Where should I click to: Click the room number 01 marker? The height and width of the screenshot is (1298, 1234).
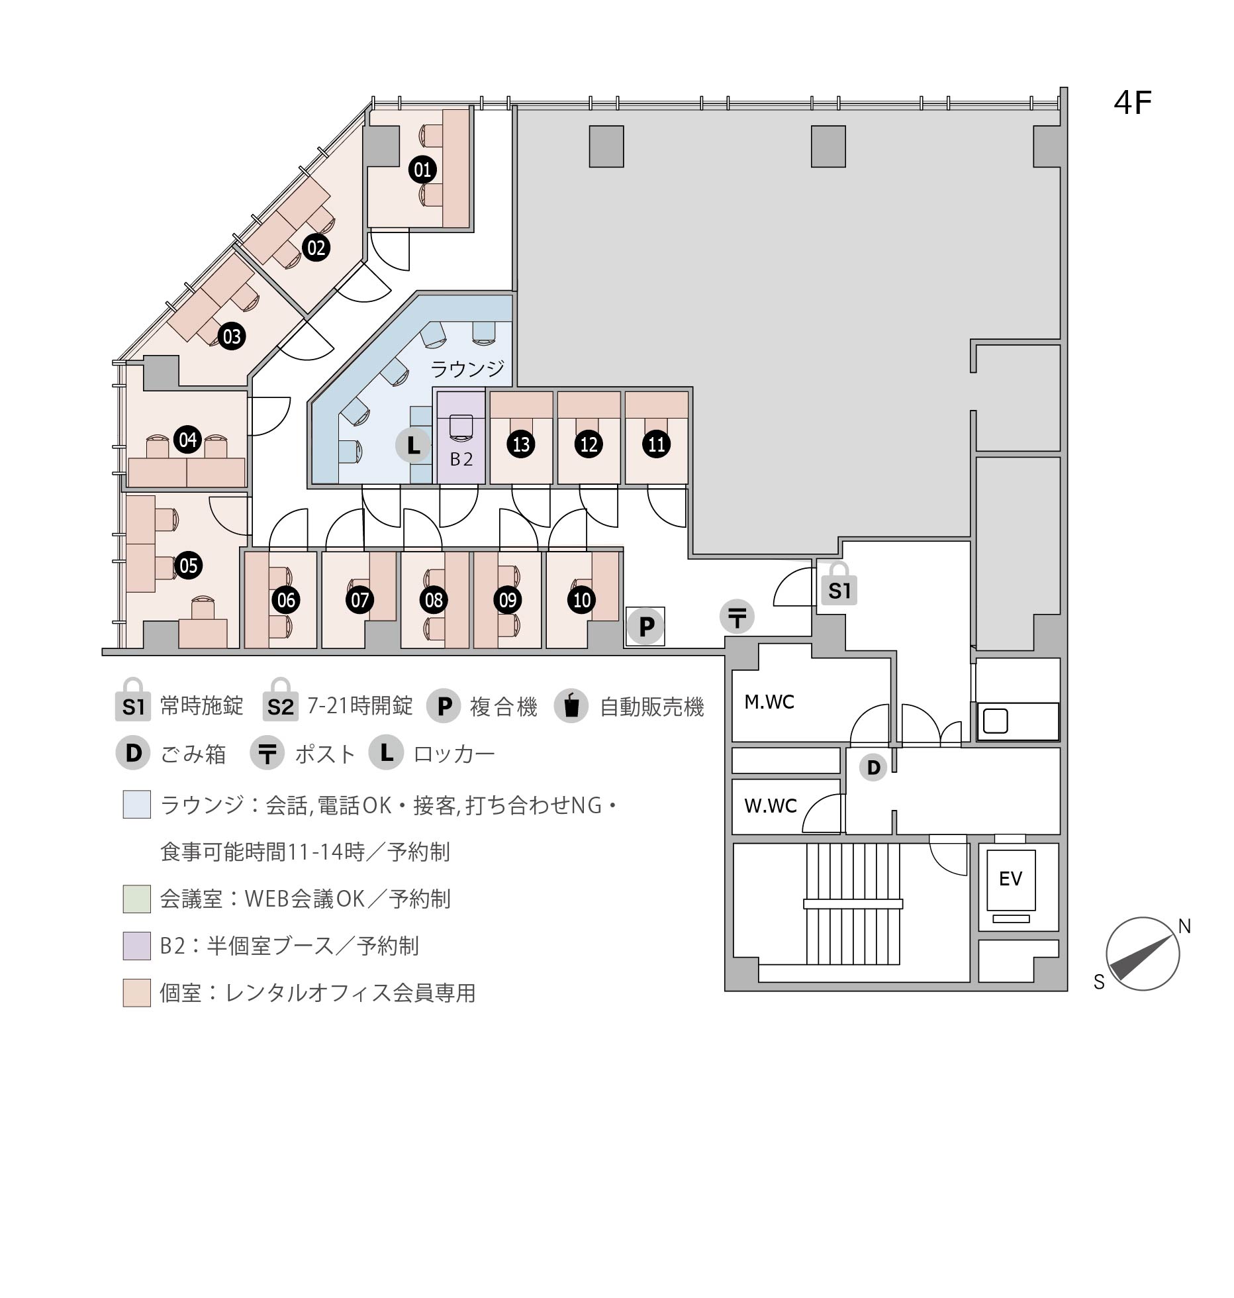[422, 170]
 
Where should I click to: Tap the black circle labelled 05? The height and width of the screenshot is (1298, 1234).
[188, 566]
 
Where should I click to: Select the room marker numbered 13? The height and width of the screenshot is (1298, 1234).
[522, 444]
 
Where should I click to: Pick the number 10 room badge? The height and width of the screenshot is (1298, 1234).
[582, 600]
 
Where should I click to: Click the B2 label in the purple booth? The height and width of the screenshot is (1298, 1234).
[461, 459]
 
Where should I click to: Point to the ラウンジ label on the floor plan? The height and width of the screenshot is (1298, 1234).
[467, 368]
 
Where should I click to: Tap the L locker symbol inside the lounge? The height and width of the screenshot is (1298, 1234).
[413, 445]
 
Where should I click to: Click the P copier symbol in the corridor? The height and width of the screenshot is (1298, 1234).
[646, 626]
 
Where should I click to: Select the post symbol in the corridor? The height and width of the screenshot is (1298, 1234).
[737, 617]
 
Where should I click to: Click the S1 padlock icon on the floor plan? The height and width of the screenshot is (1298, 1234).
[839, 584]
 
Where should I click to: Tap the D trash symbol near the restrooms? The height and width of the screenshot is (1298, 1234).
[873, 768]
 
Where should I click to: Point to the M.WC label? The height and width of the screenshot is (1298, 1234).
[769, 702]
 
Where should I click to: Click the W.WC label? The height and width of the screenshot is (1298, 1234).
[771, 806]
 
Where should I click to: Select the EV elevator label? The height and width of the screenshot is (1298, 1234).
[1011, 879]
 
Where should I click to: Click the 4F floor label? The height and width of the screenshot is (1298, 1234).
[1133, 103]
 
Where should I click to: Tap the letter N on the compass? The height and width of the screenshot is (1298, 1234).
[1185, 927]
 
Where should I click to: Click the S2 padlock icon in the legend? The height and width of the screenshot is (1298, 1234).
[281, 699]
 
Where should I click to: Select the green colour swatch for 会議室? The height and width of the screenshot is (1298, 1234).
[137, 899]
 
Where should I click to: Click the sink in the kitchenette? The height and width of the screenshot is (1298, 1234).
[995, 721]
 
